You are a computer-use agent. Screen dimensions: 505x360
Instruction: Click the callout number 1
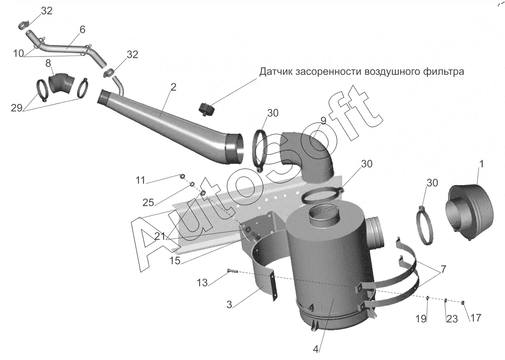pyautogui.click(x=481, y=164)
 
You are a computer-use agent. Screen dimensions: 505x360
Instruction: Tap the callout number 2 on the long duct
pyautogui.click(x=174, y=87)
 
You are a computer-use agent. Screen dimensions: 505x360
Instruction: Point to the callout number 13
pyautogui.click(x=202, y=283)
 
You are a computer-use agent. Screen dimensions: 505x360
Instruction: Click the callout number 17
pyautogui.click(x=475, y=318)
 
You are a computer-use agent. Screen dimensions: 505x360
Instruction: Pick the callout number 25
pyautogui.click(x=148, y=202)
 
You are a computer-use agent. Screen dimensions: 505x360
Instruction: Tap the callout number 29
pyautogui.click(x=16, y=108)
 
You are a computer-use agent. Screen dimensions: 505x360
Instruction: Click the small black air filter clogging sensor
pyautogui.click(x=207, y=109)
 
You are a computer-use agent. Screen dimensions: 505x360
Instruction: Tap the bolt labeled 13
pyautogui.click(x=232, y=271)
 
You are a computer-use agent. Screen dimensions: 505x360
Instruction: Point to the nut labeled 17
pyautogui.click(x=463, y=302)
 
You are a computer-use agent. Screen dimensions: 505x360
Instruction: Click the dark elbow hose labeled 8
pyautogui.click(x=60, y=83)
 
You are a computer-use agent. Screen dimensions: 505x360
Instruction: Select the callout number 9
pyautogui.click(x=324, y=120)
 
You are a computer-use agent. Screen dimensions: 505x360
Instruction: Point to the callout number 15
pyautogui.click(x=175, y=260)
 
